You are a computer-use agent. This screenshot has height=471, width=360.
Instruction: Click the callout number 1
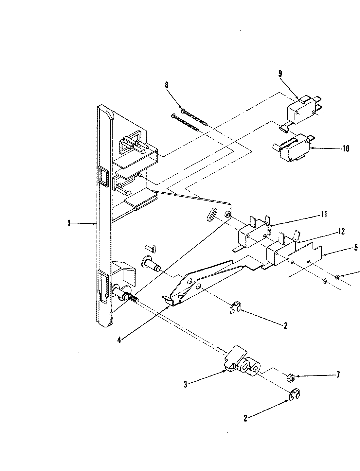(69, 223)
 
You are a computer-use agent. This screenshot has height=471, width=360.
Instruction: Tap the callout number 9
(280, 74)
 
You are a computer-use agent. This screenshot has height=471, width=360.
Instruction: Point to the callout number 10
(346, 149)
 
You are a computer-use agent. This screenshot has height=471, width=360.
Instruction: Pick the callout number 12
(341, 232)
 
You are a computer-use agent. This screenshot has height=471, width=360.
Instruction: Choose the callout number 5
(356, 248)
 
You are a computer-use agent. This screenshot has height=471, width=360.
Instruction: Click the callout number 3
(185, 385)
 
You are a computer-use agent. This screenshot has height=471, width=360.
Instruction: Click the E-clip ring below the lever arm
(235, 308)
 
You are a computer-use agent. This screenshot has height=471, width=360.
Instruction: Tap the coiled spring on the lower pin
(133, 298)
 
